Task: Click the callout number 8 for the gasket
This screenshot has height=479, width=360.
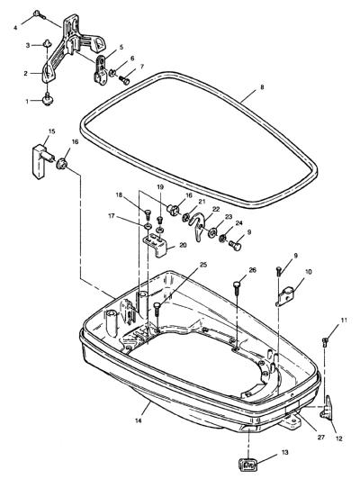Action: pos(262,87)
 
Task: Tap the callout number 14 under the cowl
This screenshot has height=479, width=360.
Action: pos(139,420)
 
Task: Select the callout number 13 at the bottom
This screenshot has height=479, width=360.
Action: pos(285,452)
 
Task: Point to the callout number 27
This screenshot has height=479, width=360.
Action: pos(320,438)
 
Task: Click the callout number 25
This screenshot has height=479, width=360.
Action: pos(203,265)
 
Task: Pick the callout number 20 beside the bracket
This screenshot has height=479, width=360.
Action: pos(183,245)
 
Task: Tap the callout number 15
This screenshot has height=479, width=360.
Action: pos(52,131)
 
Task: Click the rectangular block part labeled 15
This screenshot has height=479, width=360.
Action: pos(41,161)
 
